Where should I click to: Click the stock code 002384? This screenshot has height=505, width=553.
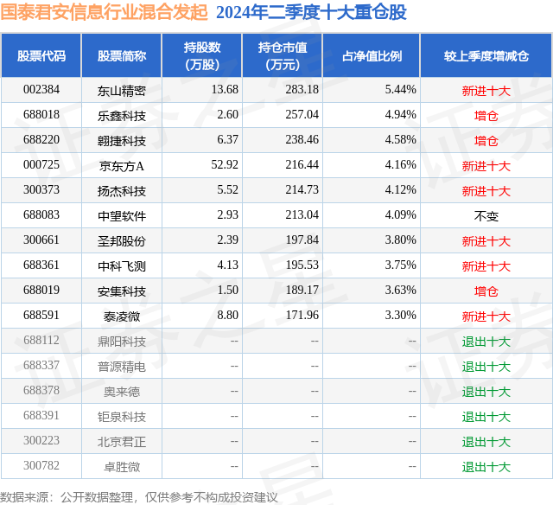41,90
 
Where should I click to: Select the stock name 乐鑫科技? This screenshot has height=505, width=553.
122,115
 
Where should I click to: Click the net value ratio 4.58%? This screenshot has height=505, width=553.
400,140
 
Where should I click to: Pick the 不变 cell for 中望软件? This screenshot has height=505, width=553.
486,216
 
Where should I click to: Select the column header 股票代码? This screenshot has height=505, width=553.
41,56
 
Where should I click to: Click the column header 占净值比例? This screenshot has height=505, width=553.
372,56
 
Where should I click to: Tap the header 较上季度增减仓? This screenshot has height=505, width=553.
486,56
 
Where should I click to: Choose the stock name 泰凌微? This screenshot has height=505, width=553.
122,316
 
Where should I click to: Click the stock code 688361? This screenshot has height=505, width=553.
41,266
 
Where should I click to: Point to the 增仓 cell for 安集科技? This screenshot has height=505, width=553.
486,291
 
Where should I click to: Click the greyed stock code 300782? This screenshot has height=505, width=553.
41,467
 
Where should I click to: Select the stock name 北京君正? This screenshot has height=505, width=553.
122,442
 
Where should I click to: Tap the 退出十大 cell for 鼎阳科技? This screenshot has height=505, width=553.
486,342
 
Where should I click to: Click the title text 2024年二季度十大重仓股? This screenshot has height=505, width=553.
311,13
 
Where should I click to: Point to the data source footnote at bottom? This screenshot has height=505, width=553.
139,497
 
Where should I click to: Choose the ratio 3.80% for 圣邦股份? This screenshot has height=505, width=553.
400,241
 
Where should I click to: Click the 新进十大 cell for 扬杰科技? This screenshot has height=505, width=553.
486,191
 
